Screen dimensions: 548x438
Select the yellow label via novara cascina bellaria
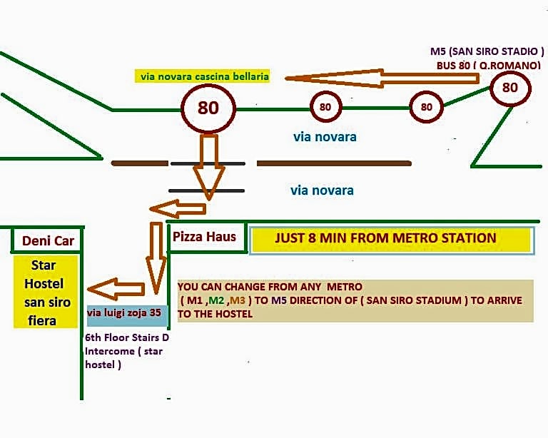click(x=203, y=76)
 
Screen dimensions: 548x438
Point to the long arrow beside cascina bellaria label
click(x=382, y=78)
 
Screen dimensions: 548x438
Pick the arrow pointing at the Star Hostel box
click(x=116, y=289)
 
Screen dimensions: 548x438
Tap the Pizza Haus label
click(x=205, y=237)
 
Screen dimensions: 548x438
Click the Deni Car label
click(x=48, y=240)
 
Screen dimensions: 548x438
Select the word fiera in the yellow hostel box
click(x=42, y=320)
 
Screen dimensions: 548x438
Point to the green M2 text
click(x=216, y=300)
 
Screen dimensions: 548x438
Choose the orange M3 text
click(x=238, y=300)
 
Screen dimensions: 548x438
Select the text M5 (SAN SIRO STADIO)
click(x=487, y=51)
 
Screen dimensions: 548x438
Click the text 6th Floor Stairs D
click(x=127, y=337)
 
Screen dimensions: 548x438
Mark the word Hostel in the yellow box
click(x=44, y=284)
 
